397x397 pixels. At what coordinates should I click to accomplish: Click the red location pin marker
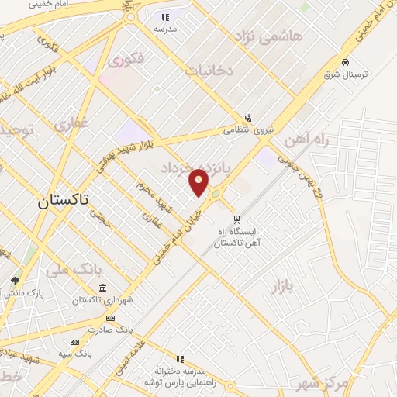tap(199, 181)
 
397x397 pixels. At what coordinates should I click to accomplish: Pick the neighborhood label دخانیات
tap(209, 71)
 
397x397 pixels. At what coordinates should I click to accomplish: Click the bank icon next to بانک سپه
tap(74, 342)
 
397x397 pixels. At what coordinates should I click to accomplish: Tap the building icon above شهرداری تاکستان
tap(102, 288)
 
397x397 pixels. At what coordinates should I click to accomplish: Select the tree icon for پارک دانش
tap(15, 281)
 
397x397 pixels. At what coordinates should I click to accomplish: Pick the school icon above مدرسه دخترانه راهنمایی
tap(181, 359)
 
